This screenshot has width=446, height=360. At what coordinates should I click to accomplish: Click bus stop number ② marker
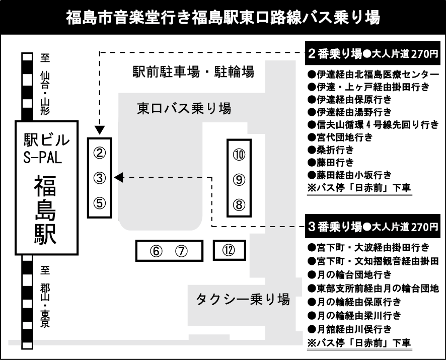100,153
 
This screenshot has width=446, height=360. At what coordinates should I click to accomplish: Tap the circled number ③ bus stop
100,178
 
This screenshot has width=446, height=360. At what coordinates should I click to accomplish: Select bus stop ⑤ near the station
100,203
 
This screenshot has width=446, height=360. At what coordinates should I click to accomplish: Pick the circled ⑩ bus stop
239,155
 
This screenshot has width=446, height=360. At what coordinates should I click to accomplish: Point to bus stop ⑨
239,180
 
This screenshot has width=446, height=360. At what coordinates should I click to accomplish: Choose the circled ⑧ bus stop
239,204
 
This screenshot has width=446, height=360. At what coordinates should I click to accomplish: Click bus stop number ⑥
156,251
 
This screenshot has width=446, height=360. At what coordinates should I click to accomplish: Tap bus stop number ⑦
182,251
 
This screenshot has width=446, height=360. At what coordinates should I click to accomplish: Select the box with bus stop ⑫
229,250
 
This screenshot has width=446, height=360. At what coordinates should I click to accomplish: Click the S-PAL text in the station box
43,158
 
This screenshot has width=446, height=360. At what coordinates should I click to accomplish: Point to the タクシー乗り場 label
243,300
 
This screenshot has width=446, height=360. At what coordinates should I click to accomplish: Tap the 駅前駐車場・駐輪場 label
193,71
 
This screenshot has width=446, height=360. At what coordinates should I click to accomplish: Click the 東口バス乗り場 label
184,108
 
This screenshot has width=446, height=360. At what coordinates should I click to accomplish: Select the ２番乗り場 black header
373,53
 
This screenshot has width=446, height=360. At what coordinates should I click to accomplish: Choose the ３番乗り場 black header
373,226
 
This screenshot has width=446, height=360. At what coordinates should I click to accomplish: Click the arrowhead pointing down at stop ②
100,130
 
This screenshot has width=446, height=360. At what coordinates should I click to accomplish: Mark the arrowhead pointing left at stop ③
118,178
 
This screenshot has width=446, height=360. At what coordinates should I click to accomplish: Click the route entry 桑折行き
331,150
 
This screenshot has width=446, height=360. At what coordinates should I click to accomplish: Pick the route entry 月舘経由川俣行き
349,329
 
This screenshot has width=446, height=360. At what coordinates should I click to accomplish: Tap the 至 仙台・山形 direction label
45,84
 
